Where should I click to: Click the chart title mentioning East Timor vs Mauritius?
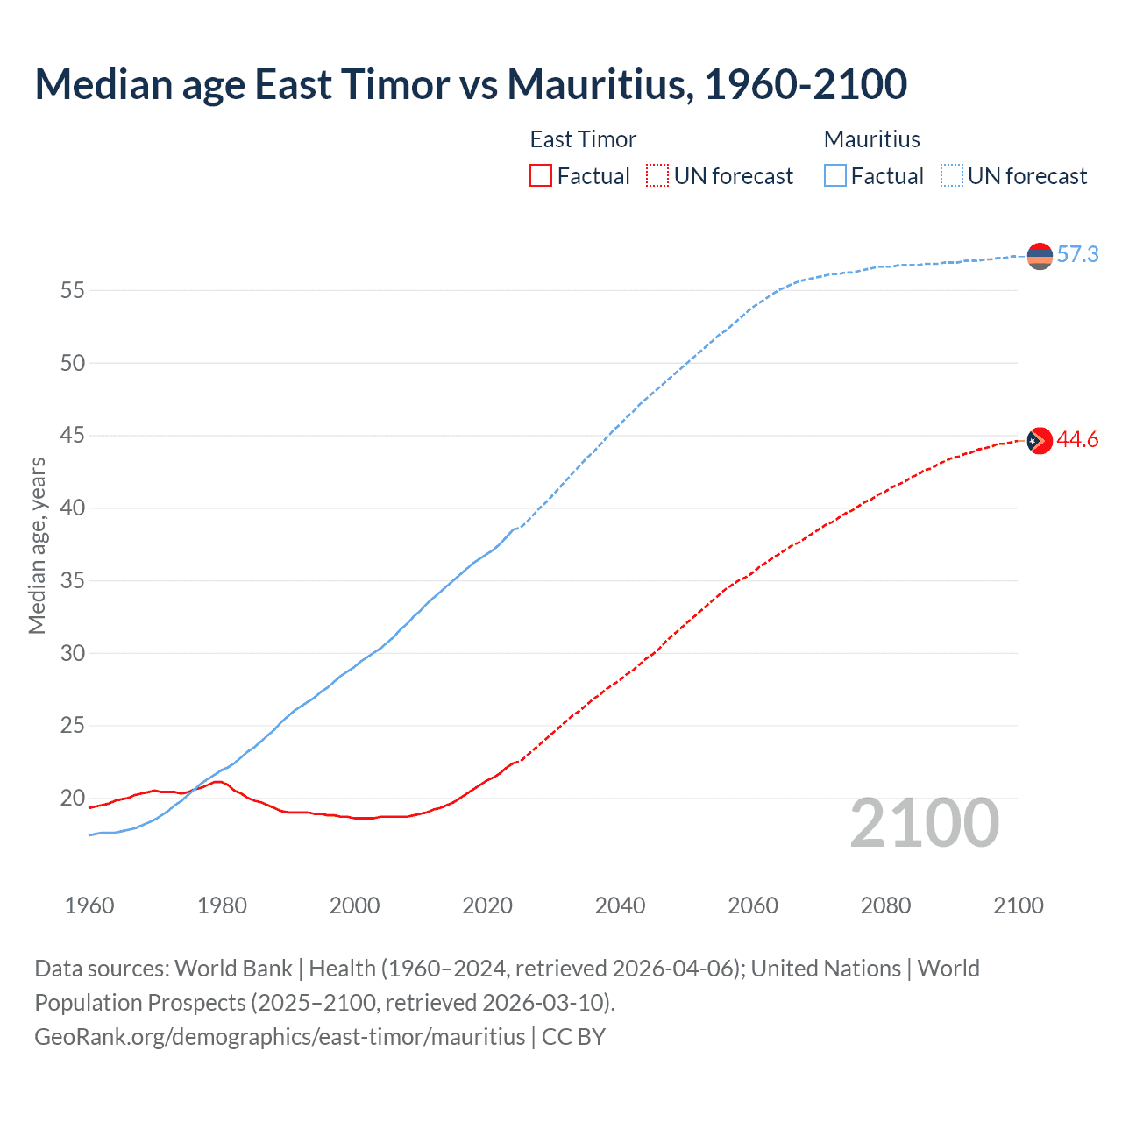click(x=471, y=84)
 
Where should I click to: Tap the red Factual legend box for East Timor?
click(x=541, y=176)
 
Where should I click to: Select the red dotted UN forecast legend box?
click(x=657, y=176)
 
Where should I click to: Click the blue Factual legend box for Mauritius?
click(x=835, y=176)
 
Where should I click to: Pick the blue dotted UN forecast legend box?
click(x=951, y=176)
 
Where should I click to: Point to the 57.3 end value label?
click(x=1077, y=255)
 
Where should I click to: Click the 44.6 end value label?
click(x=1077, y=440)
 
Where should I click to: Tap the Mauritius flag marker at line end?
click(x=1040, y=256)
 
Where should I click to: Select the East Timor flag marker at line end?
click(x=1040, y=440)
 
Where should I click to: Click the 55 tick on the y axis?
click(x=72, y=290)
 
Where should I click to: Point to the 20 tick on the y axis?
click(x=72, y=799)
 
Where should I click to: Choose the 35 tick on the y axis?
click(x=72, y=580)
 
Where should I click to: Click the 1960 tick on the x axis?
click(x=89, y=905)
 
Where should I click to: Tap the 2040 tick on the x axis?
click(x=620, y=905)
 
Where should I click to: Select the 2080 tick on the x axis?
click(x=885, y=905)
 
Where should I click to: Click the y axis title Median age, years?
click(x=37, y=545)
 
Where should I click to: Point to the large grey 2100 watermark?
click(x=924, y=823)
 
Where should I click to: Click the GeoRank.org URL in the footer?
click(x=280, y=1037)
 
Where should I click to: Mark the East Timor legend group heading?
click(x=583, y=139)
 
